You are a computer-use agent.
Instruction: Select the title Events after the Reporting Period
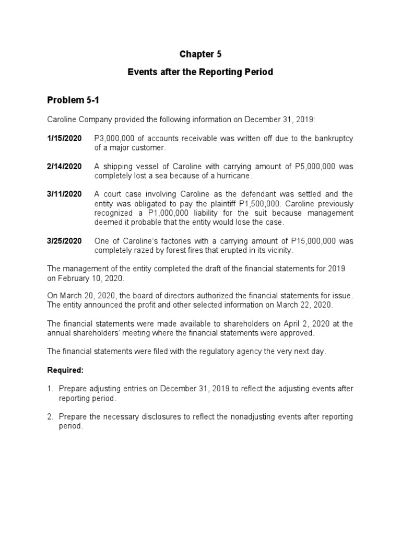[200, 72]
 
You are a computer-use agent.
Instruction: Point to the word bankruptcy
[334, 138]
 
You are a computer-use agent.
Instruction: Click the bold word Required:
[65, 370]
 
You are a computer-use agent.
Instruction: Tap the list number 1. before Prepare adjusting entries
[50, 389]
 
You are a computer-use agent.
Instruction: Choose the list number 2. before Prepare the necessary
[50, 417]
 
